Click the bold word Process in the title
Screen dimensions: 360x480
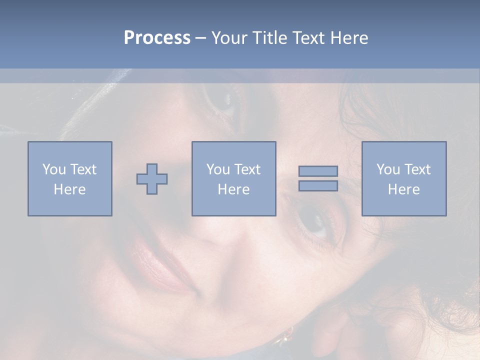click(x=157, y=37)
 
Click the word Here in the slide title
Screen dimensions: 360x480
click(x=349, y=37)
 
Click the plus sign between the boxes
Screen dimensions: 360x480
click(x=152, y=178)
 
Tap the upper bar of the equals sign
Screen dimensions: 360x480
click(x=318, y=171)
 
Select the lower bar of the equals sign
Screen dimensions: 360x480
click(x=318, y=185)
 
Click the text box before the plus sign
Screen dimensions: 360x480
click(x=70, y=178)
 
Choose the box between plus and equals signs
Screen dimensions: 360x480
click(x=233, y=178)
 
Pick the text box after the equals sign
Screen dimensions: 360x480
click(x=403, y=178)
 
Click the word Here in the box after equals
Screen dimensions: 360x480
click(x=403, y=189)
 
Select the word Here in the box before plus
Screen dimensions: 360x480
click(x=70, y=189)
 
